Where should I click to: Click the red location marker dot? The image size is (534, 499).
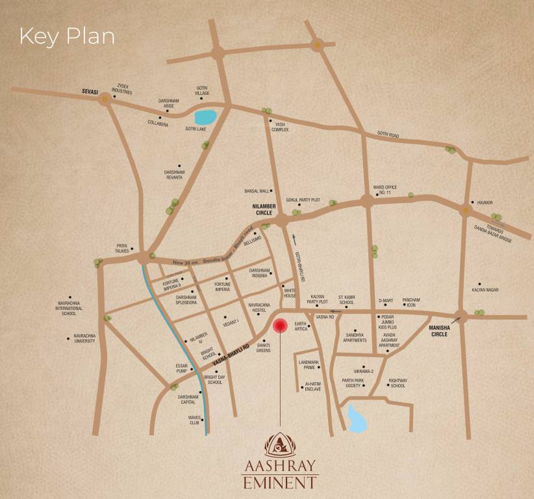click(x=280, y=326)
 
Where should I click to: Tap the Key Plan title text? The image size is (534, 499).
click(x=67, y=36)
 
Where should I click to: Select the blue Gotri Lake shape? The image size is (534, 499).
click(x=205, y=118)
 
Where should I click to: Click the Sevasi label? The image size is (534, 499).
click(x=88, y=93)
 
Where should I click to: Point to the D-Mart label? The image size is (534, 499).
click(x=386, y=301)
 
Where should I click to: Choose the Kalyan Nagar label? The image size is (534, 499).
click(x=487, y=289)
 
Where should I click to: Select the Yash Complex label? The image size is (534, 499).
click(x=280, y=127)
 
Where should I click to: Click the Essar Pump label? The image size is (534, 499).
click(x=181, y=368)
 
